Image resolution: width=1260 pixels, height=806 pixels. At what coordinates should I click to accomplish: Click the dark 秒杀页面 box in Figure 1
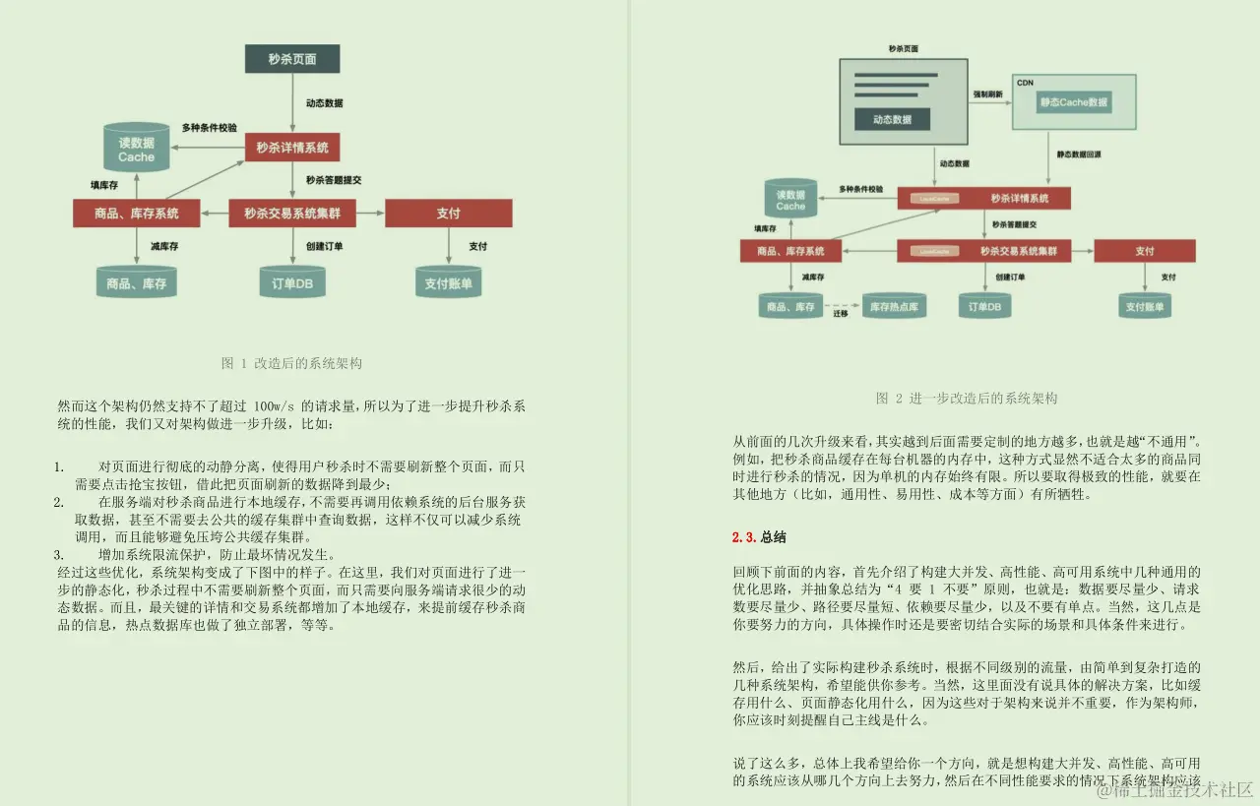[292, 59]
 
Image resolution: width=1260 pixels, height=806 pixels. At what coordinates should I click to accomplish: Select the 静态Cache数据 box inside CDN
[1074, 102]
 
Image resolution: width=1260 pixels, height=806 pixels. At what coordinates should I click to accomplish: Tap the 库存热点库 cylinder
[894, 307]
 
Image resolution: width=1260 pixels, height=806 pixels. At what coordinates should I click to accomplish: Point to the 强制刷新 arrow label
[987, 94]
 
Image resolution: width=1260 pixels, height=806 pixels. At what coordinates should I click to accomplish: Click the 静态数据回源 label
[1080, 155]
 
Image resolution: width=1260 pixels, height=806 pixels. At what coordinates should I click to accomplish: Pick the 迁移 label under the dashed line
[841, 314]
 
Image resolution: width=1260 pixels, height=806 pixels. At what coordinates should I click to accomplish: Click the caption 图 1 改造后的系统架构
[292, 363]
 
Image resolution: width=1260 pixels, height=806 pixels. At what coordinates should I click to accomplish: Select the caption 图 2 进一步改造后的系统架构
[966, 399]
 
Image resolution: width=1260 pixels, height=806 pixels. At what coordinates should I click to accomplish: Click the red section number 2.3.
[743, 537]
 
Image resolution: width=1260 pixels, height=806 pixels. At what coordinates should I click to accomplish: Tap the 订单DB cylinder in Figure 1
[292, 283]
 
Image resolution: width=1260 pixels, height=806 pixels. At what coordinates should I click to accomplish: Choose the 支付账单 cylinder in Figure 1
[448, 283]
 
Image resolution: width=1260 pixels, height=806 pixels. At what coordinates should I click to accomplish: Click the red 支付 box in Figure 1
[448, 213]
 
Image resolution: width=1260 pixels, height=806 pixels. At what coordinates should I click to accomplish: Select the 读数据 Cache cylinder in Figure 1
[137, 150]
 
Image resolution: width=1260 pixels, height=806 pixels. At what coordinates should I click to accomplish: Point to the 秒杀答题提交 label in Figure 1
[334, 180]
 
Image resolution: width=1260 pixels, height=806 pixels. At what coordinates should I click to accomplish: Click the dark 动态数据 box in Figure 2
[893, 119]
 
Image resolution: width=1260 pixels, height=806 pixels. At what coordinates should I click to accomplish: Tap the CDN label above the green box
[1025, 83]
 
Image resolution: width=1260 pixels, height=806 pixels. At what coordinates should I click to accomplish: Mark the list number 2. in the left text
[59, 502]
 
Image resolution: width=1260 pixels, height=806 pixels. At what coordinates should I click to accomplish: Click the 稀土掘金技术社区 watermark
[1175, 789]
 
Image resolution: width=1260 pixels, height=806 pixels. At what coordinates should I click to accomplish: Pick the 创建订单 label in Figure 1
[324, 246]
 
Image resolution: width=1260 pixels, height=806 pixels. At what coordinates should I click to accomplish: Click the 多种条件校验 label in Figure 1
[209, 128]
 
